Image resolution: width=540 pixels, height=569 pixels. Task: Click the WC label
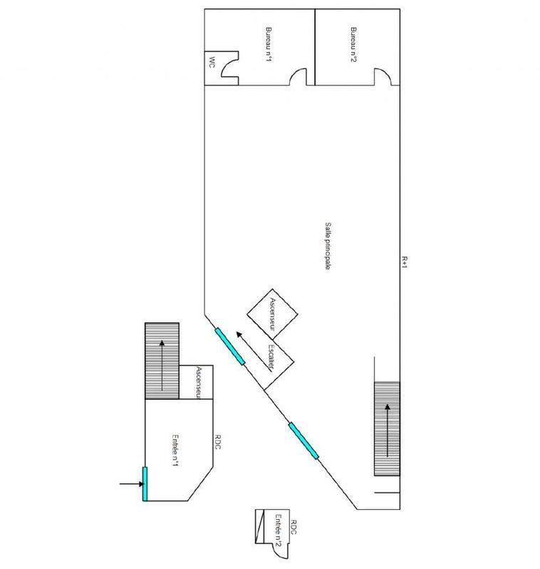coord(212,62)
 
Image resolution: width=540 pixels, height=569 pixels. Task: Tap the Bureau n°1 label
coord(268,45)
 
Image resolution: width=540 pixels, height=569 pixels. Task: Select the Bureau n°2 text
coord(353,45)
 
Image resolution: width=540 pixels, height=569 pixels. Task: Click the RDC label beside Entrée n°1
coord(217,450)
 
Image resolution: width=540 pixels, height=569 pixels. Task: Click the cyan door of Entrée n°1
coord(145,483)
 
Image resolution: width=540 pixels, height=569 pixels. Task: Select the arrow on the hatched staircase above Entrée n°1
coord(162,366)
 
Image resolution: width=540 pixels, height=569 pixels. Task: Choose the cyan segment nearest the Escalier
coord(230,347)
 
